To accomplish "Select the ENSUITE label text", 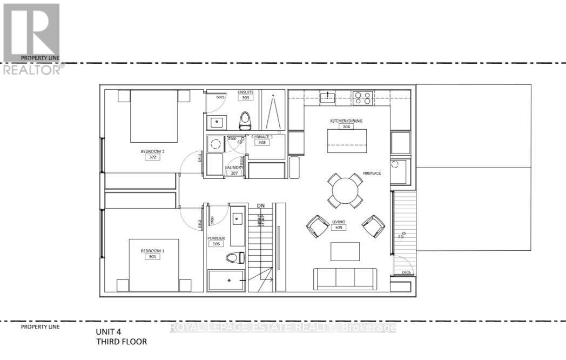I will pyautogui.click(x=245, y=92).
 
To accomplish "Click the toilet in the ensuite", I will pyautogui.click(x=245, y=119).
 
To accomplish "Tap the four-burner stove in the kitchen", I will pyautogui.click(x=362, y=98).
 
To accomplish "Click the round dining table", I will pyautogui.click(x=345, y=190).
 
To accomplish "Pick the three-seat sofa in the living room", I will pyautogui.click(x=345, y=278).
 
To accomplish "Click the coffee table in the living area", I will pyautogui.click(x=345, y=251).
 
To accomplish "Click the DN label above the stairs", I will pyautogui.click(x=261, y=206).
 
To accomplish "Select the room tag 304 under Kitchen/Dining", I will pyautogui.click(x=346, y=127).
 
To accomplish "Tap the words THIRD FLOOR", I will pyautogui.click(x=121, y=342).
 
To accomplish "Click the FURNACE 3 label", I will pyautogui.click(x=262, y=137).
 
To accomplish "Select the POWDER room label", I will pyautogui.click(x=216, y=237).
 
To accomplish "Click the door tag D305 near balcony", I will pyautogui.click(x=408, y=272).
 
